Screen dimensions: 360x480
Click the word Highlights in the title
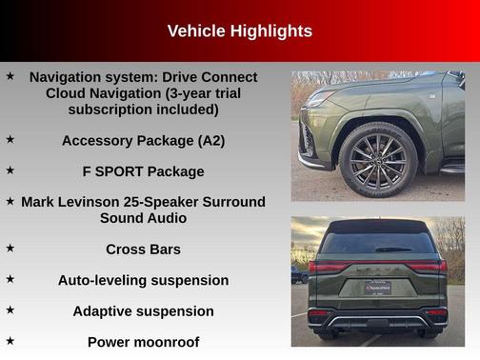(x=270, y=31)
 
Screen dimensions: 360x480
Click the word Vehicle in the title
(x=196, y=31)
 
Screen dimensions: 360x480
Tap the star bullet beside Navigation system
(x=10, y=75)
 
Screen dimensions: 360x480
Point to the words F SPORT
(x=111, y=171)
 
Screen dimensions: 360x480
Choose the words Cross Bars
(x=143, y=250)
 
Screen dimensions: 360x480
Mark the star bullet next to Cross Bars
(x=10, y=248)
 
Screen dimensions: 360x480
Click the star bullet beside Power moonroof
(x=10, y=339)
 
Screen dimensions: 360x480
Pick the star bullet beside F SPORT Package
(x=10, y=170)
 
